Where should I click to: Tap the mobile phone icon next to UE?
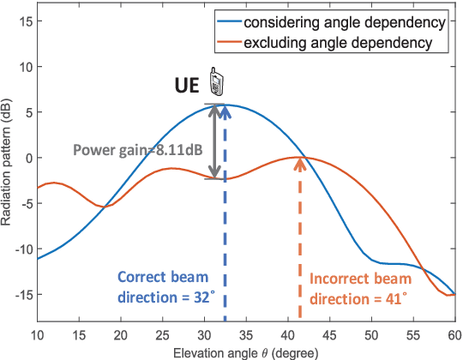(218, 82)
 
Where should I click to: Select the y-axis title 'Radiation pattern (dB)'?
(8, 163)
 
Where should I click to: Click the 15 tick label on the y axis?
(23, 21)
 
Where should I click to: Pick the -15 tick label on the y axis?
(21, 295)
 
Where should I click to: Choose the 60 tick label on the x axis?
(455, 333)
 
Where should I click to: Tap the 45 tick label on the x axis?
(330, 333)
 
